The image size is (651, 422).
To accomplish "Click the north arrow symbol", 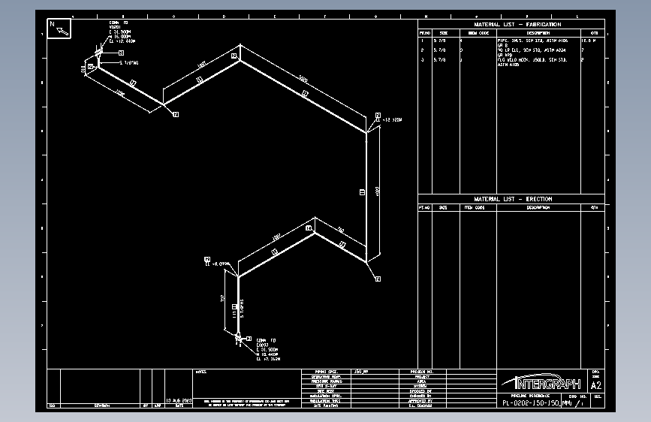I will click(x=60, y=29).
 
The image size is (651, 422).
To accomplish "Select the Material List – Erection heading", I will click(x=513, y=199).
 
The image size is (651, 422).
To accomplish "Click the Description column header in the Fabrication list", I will click(x=537, y=33).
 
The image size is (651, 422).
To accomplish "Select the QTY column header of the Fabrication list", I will click(x=594, y=33).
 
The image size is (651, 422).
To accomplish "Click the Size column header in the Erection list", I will click(x=443, y=207).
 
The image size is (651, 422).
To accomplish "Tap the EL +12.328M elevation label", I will click(x=393, y=120).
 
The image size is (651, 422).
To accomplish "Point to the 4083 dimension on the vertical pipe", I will click(x=377, y=192).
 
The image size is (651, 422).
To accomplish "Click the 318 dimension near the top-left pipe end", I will click(x=83, y=68).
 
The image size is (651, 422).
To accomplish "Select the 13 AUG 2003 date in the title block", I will click(x=179, y=401).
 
